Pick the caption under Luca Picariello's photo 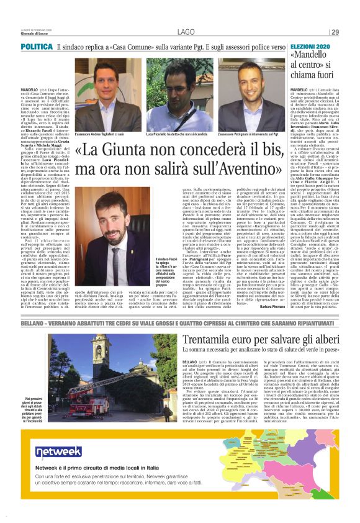pyautogui.click(x=176, y=134)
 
